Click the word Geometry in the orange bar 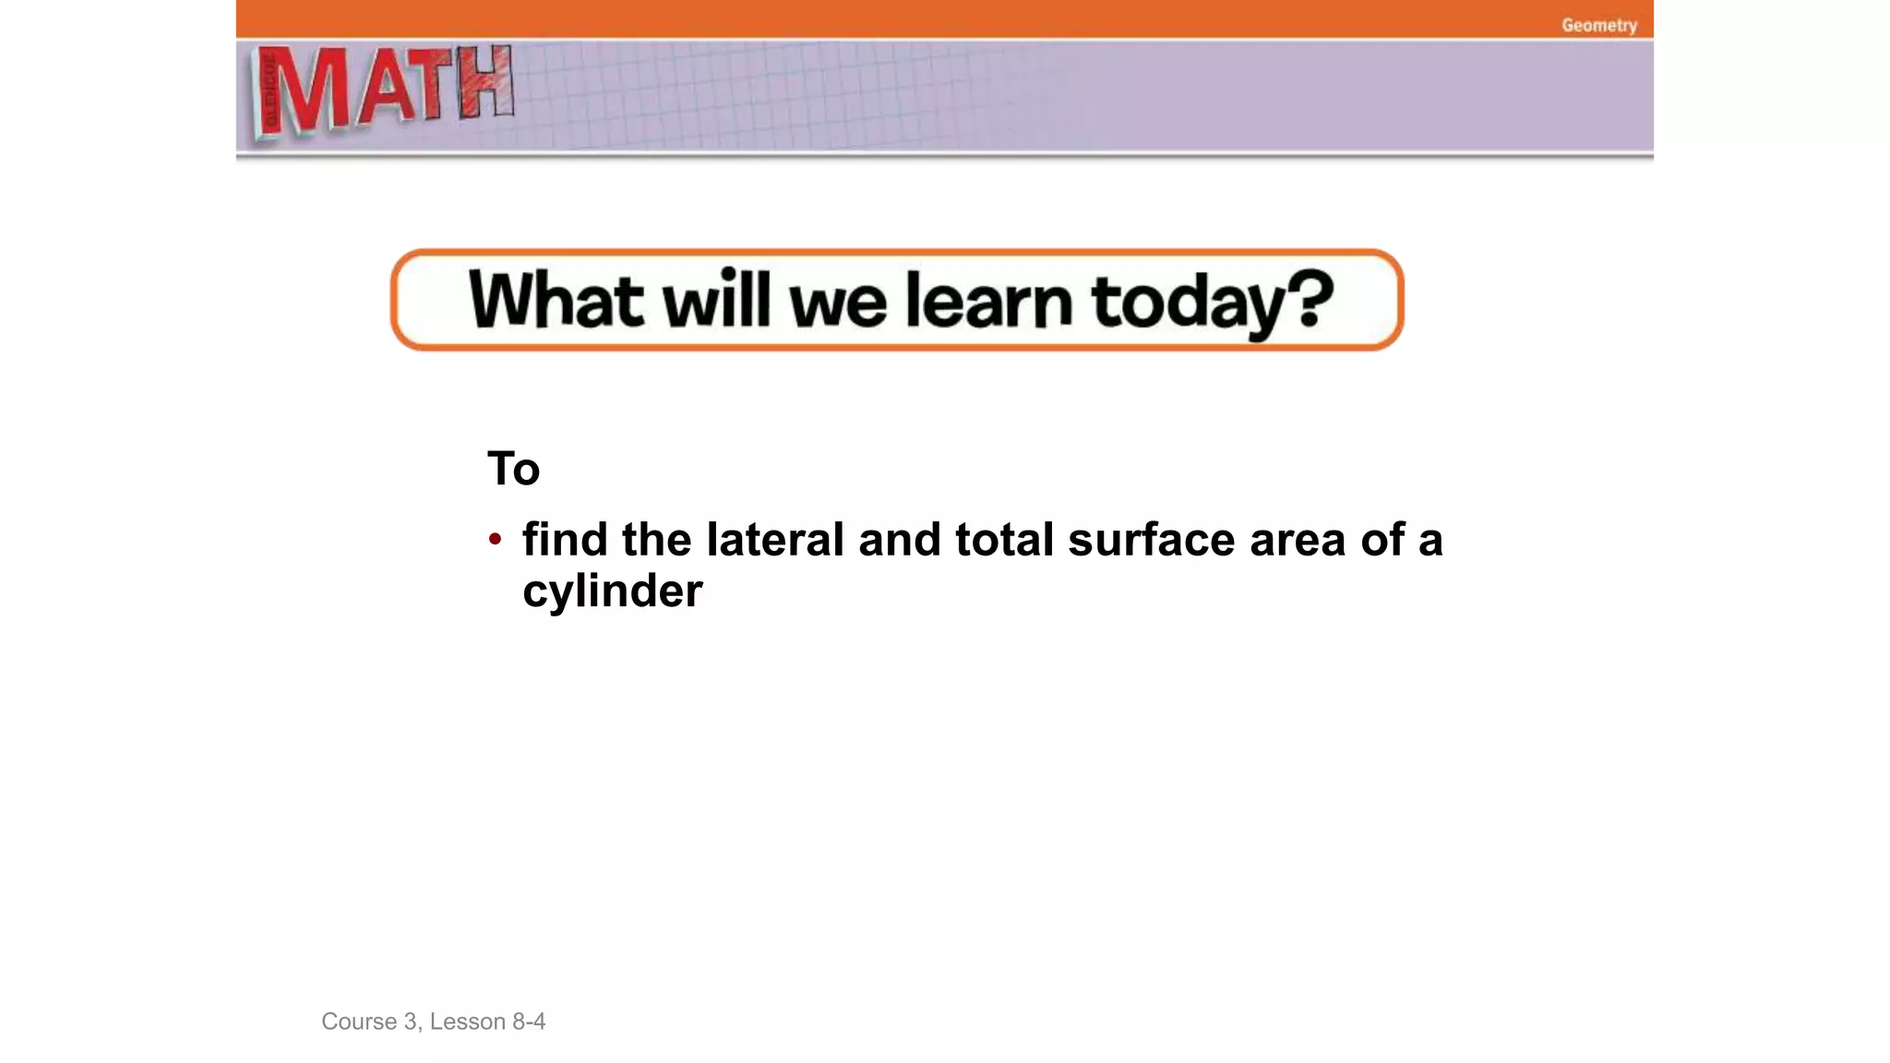pos(1598,26)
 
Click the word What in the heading pos(556,300)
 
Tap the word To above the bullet pos(513,469)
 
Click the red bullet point pos(496,539)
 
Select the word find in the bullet pos(565,539)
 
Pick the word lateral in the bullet pos(775,539)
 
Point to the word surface pos(1151,539)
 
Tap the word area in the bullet pos(1298,539)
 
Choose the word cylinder pos(613,591)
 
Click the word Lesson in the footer pos(467,1021)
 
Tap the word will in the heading pos(716,300)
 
